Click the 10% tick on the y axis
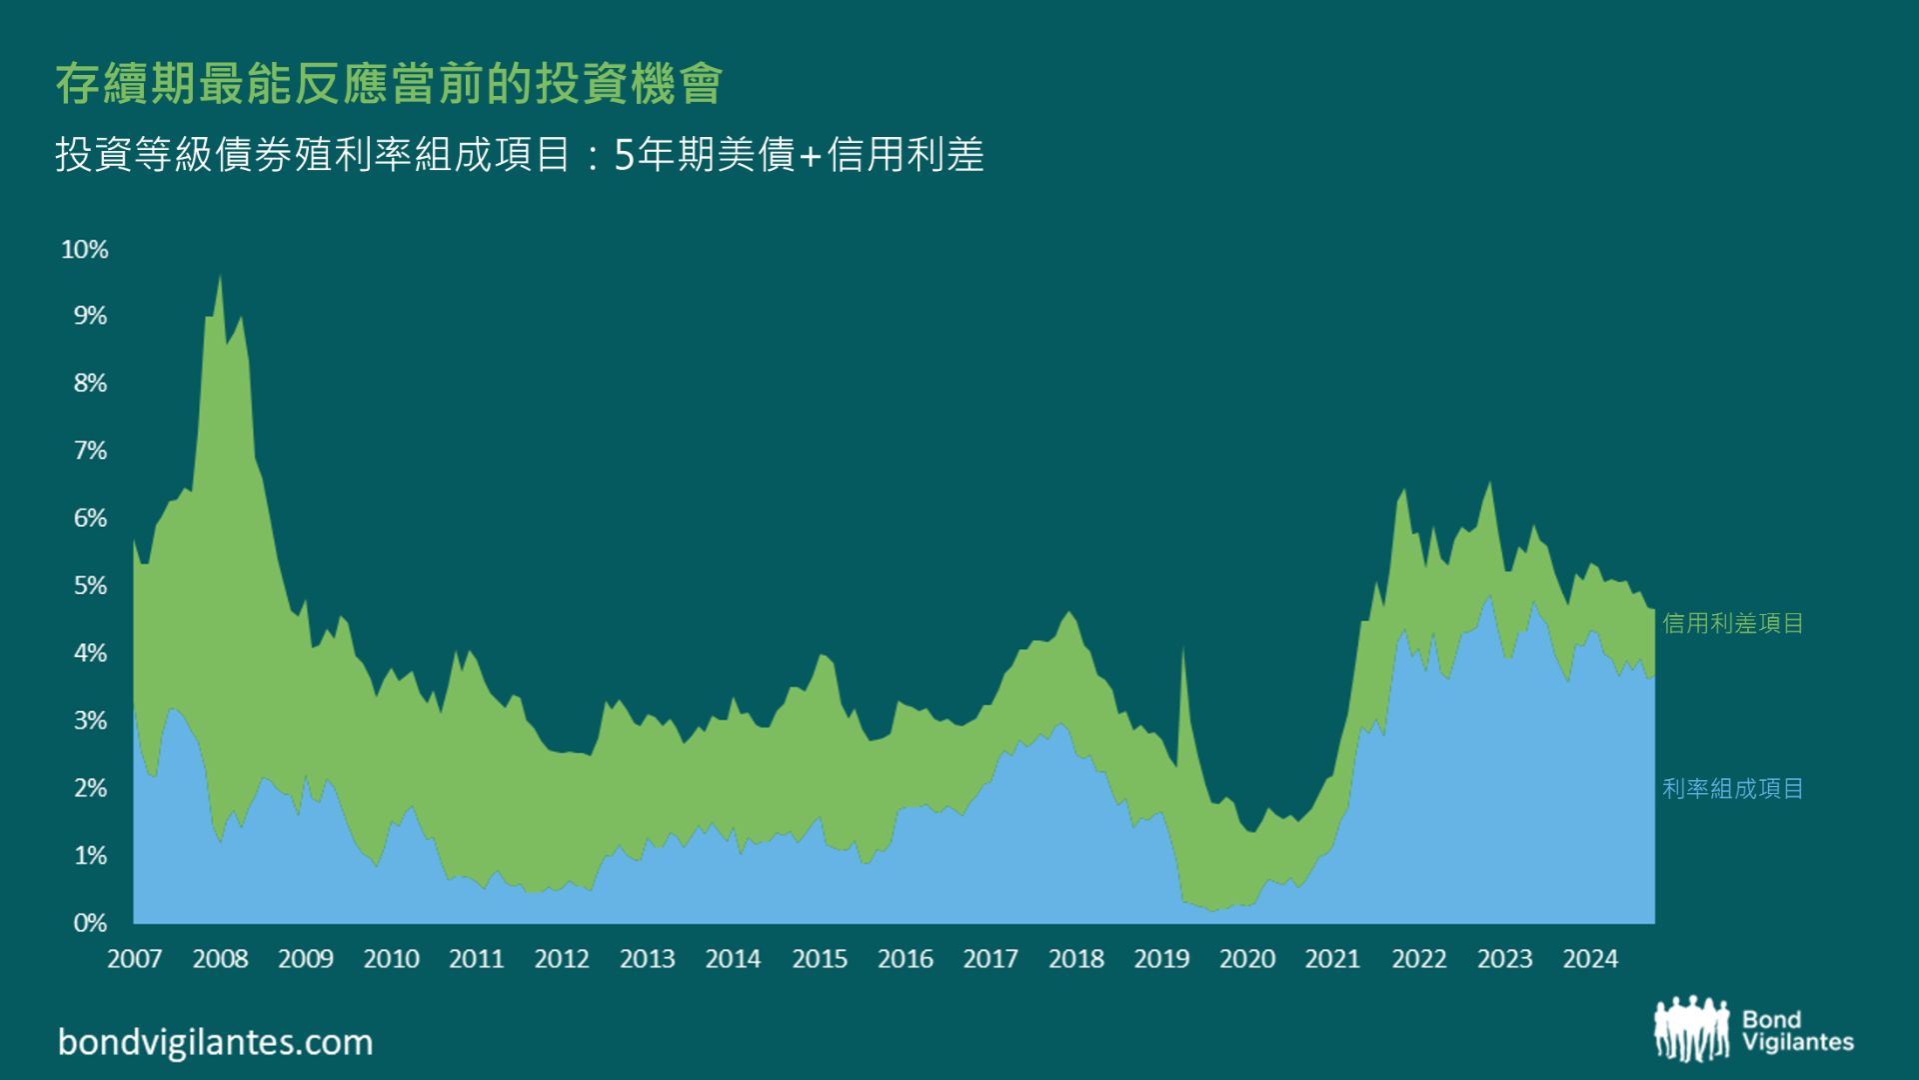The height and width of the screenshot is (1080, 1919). point(85,249)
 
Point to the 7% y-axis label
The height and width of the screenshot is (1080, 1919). point(90,451)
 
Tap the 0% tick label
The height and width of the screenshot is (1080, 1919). point(90,923)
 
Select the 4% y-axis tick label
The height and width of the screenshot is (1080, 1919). point(90,653)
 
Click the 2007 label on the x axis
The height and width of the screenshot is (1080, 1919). point(134,959)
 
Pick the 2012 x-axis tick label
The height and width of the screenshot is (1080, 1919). point(562,959)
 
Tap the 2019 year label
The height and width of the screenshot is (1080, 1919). point(1161,959)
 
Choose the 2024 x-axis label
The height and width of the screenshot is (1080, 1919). point(1590,959)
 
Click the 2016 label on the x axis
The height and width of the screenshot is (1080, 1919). point(905,959)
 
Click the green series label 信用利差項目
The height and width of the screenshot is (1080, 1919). point(1733,623)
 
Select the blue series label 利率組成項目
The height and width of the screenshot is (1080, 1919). point(1733,788)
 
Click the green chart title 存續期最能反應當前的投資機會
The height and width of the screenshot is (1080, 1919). point(389,84)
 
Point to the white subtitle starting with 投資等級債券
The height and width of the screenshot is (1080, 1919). point(520,155)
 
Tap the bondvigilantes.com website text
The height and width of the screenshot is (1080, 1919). point(215,1042)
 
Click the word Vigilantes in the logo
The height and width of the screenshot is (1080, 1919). point(1797,1042)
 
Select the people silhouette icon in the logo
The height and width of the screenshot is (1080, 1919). point(1691,1028)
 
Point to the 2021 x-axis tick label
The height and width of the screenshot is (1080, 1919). point(1332,959)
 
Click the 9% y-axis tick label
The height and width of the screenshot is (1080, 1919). point(90,316)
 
